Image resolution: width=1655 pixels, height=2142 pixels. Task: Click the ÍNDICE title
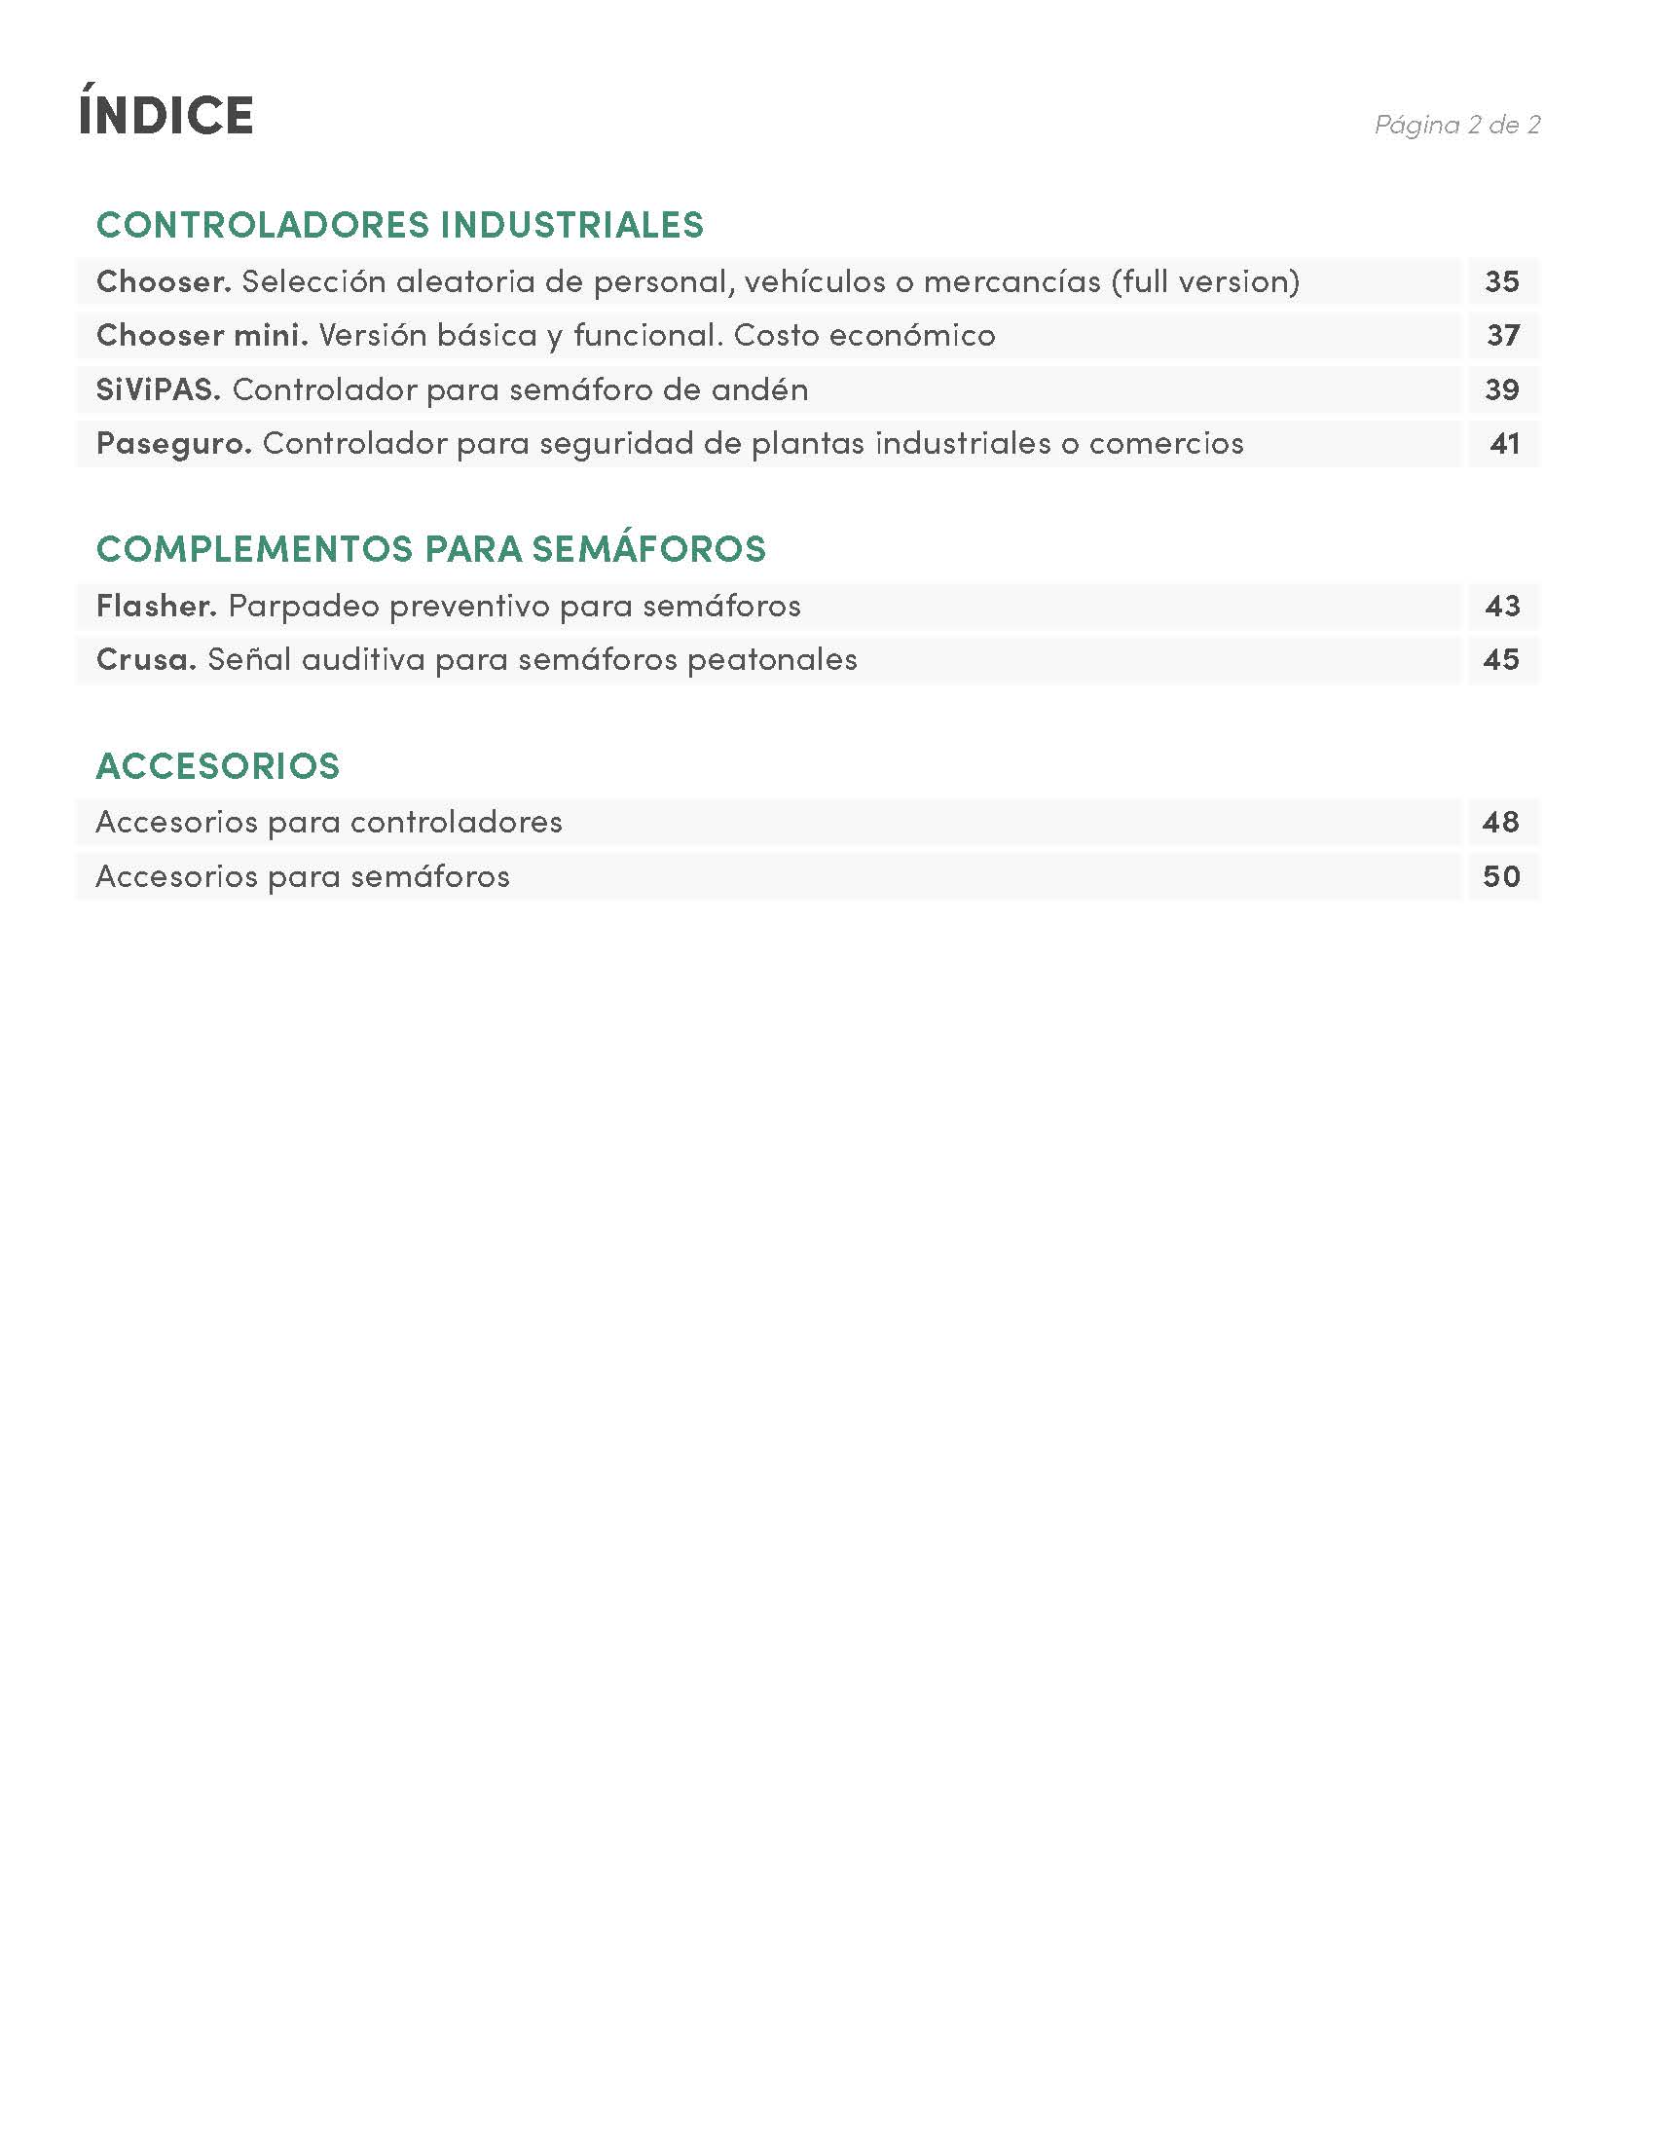165,115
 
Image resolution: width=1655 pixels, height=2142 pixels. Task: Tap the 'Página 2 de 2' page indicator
1457,125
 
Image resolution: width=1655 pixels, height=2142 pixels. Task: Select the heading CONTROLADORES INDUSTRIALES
400,225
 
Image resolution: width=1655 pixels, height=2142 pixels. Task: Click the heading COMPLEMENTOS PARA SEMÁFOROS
430,548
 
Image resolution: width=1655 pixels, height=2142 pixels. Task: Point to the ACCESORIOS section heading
218,765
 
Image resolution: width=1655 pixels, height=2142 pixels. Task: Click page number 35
1502,282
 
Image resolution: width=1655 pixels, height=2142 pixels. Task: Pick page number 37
1502,336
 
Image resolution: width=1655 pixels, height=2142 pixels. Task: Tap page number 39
1502,389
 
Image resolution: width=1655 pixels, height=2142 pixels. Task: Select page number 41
1504,443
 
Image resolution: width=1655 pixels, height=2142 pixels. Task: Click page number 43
1502,606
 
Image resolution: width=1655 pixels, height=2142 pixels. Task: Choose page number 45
1502,659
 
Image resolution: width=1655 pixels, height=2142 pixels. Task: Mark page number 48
1501,822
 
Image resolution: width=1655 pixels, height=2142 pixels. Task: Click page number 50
1501,876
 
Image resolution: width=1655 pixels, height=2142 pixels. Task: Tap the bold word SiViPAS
158,389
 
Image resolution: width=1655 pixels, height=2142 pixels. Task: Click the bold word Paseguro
173,443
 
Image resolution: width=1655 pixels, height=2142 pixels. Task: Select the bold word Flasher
156,606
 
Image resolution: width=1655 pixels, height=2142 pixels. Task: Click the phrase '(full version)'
1205,282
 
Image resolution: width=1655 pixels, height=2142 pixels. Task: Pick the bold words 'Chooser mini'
201,336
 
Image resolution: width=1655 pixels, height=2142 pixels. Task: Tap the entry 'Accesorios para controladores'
328,822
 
